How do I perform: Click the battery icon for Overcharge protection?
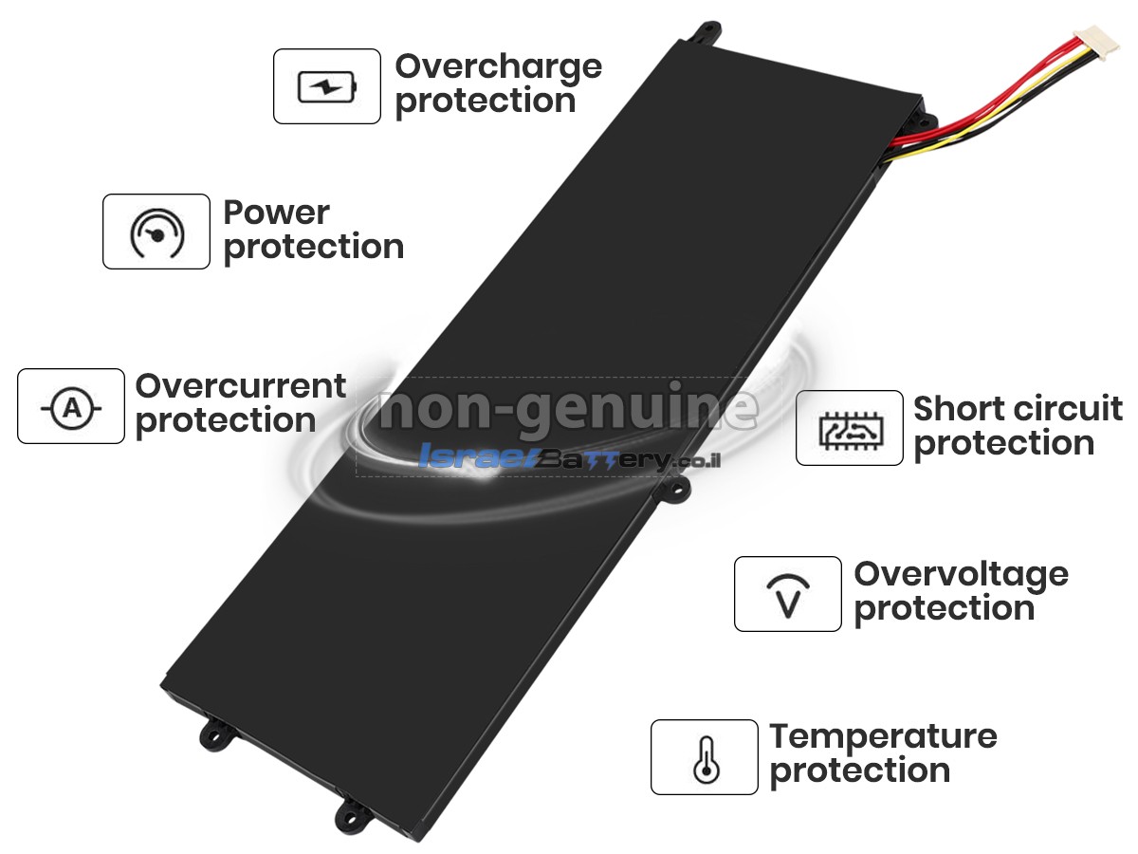point(327,86)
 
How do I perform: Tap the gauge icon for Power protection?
point(156,232)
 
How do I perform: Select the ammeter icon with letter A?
point(71,408)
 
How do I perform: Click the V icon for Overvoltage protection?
point(788,595)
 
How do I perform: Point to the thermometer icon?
point(707,759)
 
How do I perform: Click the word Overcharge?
point(498,68)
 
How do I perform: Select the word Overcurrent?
point(241,386)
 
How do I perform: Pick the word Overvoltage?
point(962,576)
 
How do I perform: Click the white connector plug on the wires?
point(1095,43)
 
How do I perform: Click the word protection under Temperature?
point(860,772)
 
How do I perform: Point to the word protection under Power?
point(314,248)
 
